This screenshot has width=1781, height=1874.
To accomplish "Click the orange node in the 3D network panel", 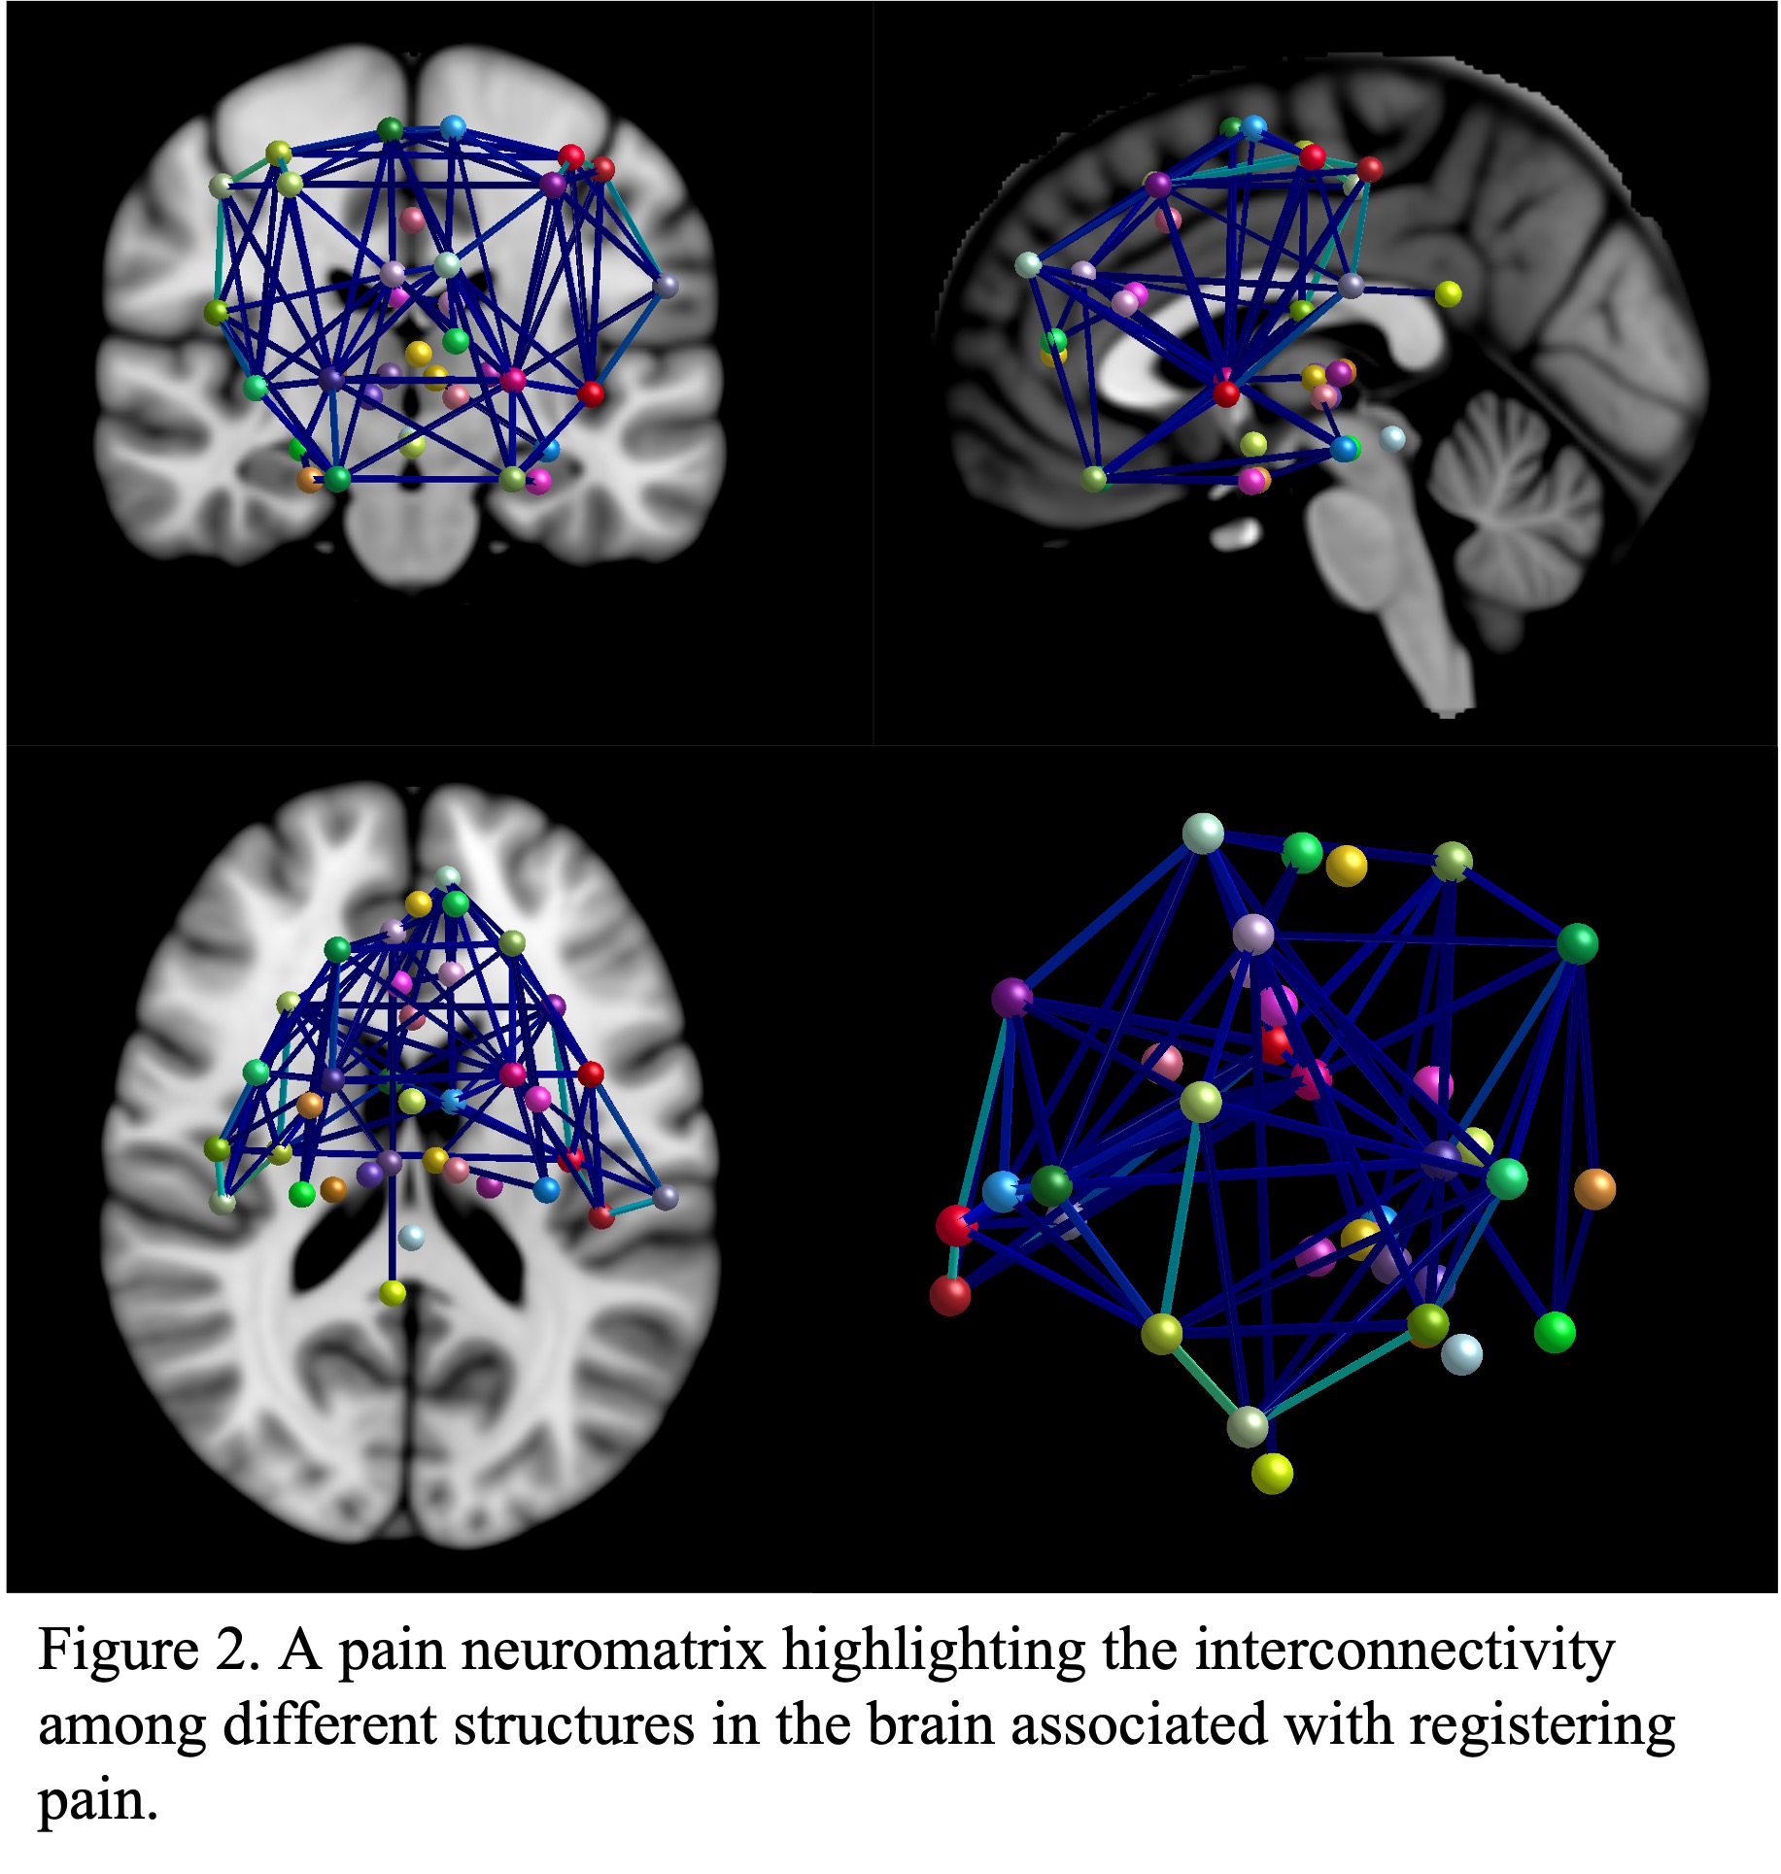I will pyautogui.click(x=1593, y=1188).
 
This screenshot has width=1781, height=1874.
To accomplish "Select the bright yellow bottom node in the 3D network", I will pyautogui.click(x=1271, y=1474).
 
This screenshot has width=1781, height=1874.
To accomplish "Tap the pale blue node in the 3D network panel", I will pyautogui.click(x=1460, y=1353).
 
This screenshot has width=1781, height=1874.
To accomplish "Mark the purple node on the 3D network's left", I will pyautogui.click(x=1011, y=998).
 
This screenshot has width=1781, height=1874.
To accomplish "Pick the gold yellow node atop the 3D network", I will pyautogui.click(x=1346, y=866).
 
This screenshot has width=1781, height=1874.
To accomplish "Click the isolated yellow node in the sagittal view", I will pyautogui.click(x=1448, y=293).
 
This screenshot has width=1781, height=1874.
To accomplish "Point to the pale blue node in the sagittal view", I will pyautogui.click(x=1391, y=437).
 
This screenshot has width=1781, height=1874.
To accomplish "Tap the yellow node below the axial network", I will pyautogui.click(x=393, y=1293).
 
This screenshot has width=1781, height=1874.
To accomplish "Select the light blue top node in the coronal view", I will pyautogui.click(x=453, y=127).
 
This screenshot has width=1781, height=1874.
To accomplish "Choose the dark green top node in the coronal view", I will pyautogui.click(x=390, y=129).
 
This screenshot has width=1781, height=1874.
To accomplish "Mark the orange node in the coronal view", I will pyautogui.click(x=310, y=479).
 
